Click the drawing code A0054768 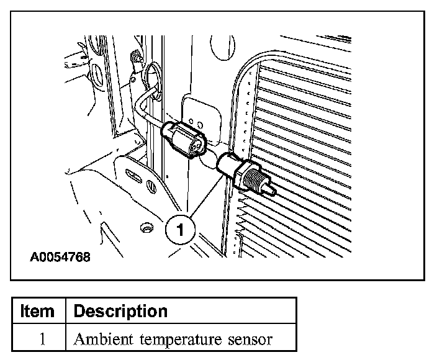point(59,256)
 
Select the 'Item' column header point(37,310)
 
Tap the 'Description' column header point(120,310)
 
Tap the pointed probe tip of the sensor point(271,189)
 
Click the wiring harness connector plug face point(197,145)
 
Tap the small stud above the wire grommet point(133,59)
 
